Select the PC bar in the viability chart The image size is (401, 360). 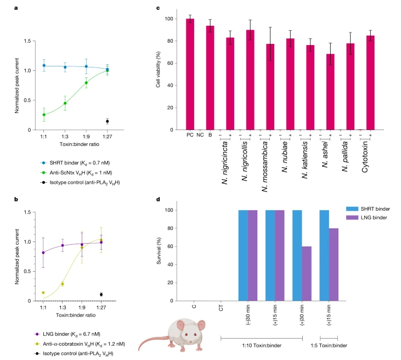[190, 74]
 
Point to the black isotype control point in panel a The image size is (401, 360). [108, 121]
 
